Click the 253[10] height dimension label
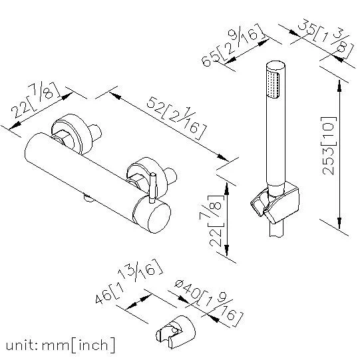[x=329, y=146]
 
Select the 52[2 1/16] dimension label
[x=176, y=118]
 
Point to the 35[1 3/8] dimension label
[x=325, y=41]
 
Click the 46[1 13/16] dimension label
[x=129, y=281]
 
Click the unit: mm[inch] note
[x=60, y=345]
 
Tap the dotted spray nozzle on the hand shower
[x=273, y=85]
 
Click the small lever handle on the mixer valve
[x=152, y=188]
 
